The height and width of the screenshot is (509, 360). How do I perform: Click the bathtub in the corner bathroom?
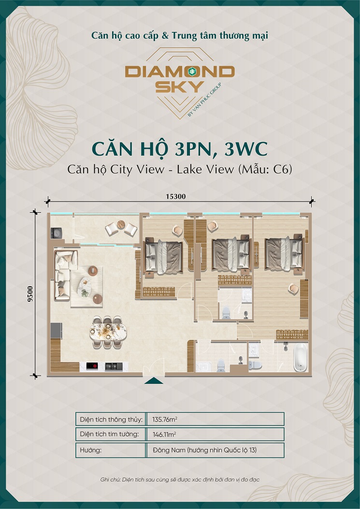[300, 357]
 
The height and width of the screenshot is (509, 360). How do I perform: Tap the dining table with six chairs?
[108, 333]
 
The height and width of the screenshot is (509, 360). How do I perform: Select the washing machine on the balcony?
[57, 233]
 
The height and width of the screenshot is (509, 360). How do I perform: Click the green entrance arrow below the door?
[154, 380]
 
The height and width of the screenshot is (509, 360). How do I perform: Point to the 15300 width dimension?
[175, 196]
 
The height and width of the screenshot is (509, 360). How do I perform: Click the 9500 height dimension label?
[30, 294]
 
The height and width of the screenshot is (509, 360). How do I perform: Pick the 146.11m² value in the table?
[164, 435]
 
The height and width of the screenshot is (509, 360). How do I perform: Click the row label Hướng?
[90, 450]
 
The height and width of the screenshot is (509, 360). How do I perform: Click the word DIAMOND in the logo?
[180, 72]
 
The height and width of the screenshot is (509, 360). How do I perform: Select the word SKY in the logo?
[180, 87]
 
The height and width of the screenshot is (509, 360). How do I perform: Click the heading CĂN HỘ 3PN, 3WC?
[180, 149]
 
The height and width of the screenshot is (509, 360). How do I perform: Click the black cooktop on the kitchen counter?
[92, 366]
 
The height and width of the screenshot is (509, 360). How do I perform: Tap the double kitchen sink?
[114, 366]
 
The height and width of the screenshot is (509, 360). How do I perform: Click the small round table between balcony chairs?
[121, 224]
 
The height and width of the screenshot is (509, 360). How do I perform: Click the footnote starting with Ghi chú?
[180, 480]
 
